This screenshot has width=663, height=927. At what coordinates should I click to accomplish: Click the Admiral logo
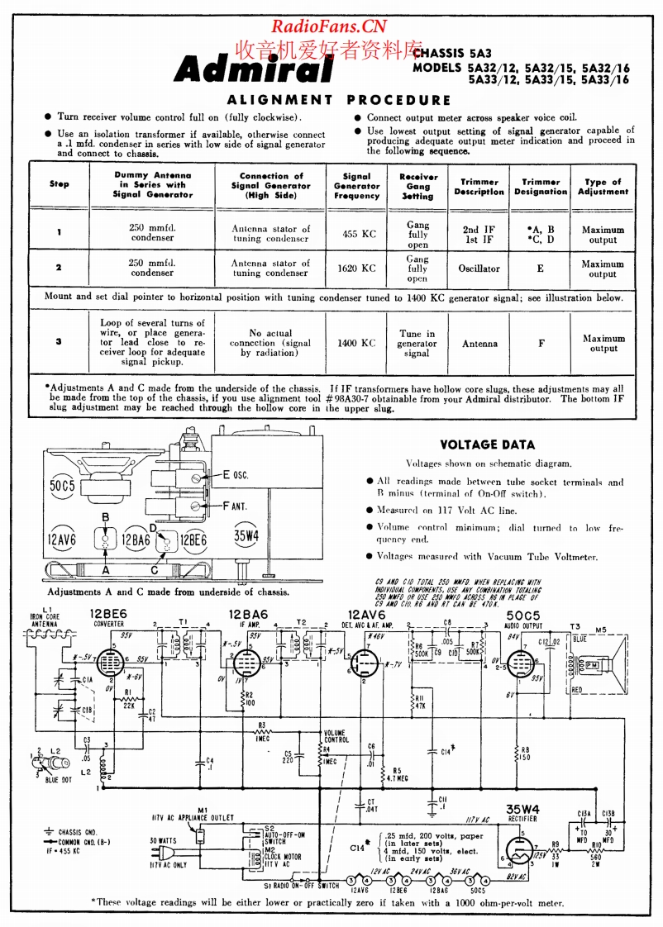point(253,70)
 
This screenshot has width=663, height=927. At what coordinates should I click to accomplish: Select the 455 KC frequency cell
point(359,234)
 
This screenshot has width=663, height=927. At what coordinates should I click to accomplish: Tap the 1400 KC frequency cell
point(356,343)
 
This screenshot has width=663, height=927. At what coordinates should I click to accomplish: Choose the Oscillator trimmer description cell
point(479,269)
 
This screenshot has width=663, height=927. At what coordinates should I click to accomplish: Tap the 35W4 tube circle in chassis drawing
point(246,536)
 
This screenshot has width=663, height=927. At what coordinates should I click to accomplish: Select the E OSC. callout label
point(236,475)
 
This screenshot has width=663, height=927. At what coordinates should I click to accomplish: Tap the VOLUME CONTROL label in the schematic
point(335,736)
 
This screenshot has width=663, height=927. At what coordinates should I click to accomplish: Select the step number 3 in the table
point(59,340)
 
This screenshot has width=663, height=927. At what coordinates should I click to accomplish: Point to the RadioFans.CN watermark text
point(329,26)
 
